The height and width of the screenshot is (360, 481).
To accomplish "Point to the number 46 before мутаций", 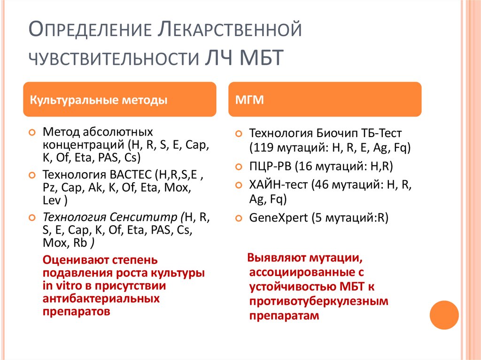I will (320, 185).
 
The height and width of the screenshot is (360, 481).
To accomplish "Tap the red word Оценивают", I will (74, 260).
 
